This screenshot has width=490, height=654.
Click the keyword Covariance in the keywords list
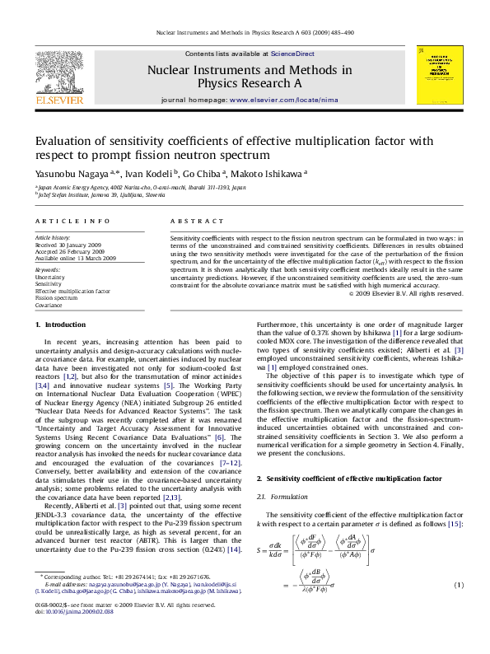pos(49,305)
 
